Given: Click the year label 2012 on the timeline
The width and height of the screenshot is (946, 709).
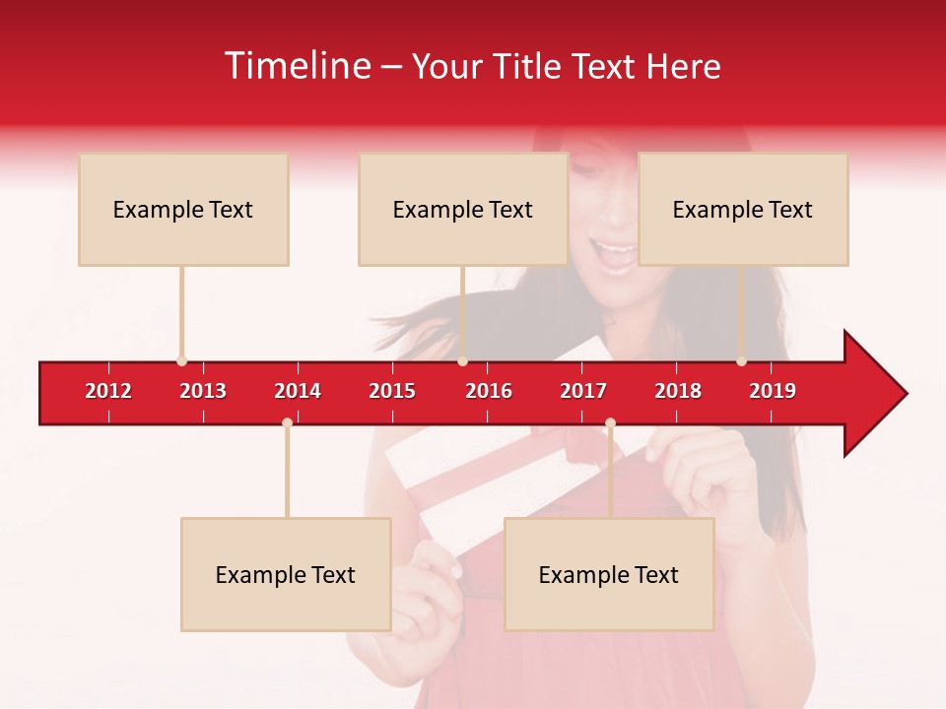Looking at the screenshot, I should [x=108, y=391].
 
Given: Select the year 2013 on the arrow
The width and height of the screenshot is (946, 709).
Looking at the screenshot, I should [x=203, y=391].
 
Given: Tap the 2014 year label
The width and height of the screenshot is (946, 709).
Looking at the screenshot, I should [x=298, y=391].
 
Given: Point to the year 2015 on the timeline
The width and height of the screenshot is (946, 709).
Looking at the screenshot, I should [x=392, y=391].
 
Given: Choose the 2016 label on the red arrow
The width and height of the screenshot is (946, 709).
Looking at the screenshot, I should [x=489, y=391].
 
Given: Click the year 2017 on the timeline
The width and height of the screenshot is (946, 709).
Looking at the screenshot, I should [x=583, y=391].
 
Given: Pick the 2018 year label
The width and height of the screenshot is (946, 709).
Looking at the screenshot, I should [x=678, y=391].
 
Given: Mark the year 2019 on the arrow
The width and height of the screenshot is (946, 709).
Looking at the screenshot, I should [x=773, y=391].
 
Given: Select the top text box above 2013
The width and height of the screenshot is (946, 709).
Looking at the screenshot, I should [x=183, y=209].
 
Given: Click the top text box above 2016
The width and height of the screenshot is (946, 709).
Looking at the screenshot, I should [x=463, y=209].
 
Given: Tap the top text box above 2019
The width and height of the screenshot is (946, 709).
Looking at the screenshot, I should [x=743, y=209].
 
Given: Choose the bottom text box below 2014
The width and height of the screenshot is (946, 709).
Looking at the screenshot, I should [x=286, y=574].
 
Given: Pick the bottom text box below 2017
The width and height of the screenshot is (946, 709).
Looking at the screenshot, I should [x=609, y=574].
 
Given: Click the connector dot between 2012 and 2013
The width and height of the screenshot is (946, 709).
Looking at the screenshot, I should [x=181, y=361].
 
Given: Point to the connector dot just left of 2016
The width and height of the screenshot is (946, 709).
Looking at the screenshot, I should [x=462, y=361].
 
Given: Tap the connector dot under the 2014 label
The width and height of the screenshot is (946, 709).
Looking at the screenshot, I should [x=287, y=423].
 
